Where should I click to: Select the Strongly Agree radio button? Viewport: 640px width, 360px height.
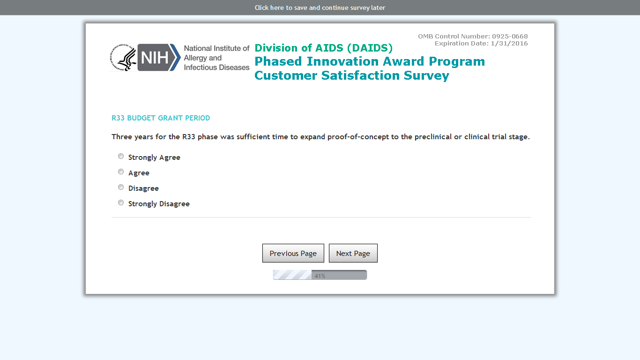[121, 157]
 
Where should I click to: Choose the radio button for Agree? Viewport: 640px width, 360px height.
[121, 172]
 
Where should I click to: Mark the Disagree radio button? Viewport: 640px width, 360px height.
[121, 187]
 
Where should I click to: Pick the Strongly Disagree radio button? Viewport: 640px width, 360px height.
[121, 202]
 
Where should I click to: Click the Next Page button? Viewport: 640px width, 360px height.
[353, 253]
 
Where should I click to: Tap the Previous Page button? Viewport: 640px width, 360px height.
[293, 253]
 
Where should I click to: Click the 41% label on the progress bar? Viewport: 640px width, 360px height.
[320, 276]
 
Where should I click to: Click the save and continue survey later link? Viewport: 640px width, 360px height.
[320, 7]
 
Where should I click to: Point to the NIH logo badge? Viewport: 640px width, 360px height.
[159, 58]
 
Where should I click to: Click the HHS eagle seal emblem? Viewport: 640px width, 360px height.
[123, 58]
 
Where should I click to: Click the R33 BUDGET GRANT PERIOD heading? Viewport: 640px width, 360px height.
[161, 118]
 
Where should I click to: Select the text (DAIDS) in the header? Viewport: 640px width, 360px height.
[370, 48]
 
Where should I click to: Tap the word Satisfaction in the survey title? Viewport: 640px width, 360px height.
[360, 75]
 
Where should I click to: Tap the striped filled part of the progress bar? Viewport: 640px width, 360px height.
[292, 275]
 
